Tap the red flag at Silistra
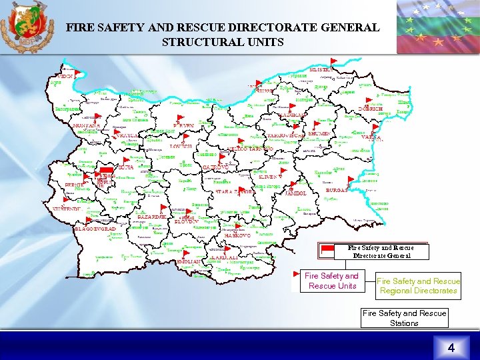coord(333,62)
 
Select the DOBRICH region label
coord(370,109)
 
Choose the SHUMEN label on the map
coord(319,134)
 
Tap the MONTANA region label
coord(85,125)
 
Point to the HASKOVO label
coord(237,235)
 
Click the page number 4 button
coord(451,347)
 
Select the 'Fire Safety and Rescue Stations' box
coord(404,318)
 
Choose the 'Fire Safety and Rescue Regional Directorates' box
coord(419,285)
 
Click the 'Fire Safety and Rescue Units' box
coord(331,281)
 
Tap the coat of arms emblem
coord(27,27)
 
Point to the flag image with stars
coord(437,27)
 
